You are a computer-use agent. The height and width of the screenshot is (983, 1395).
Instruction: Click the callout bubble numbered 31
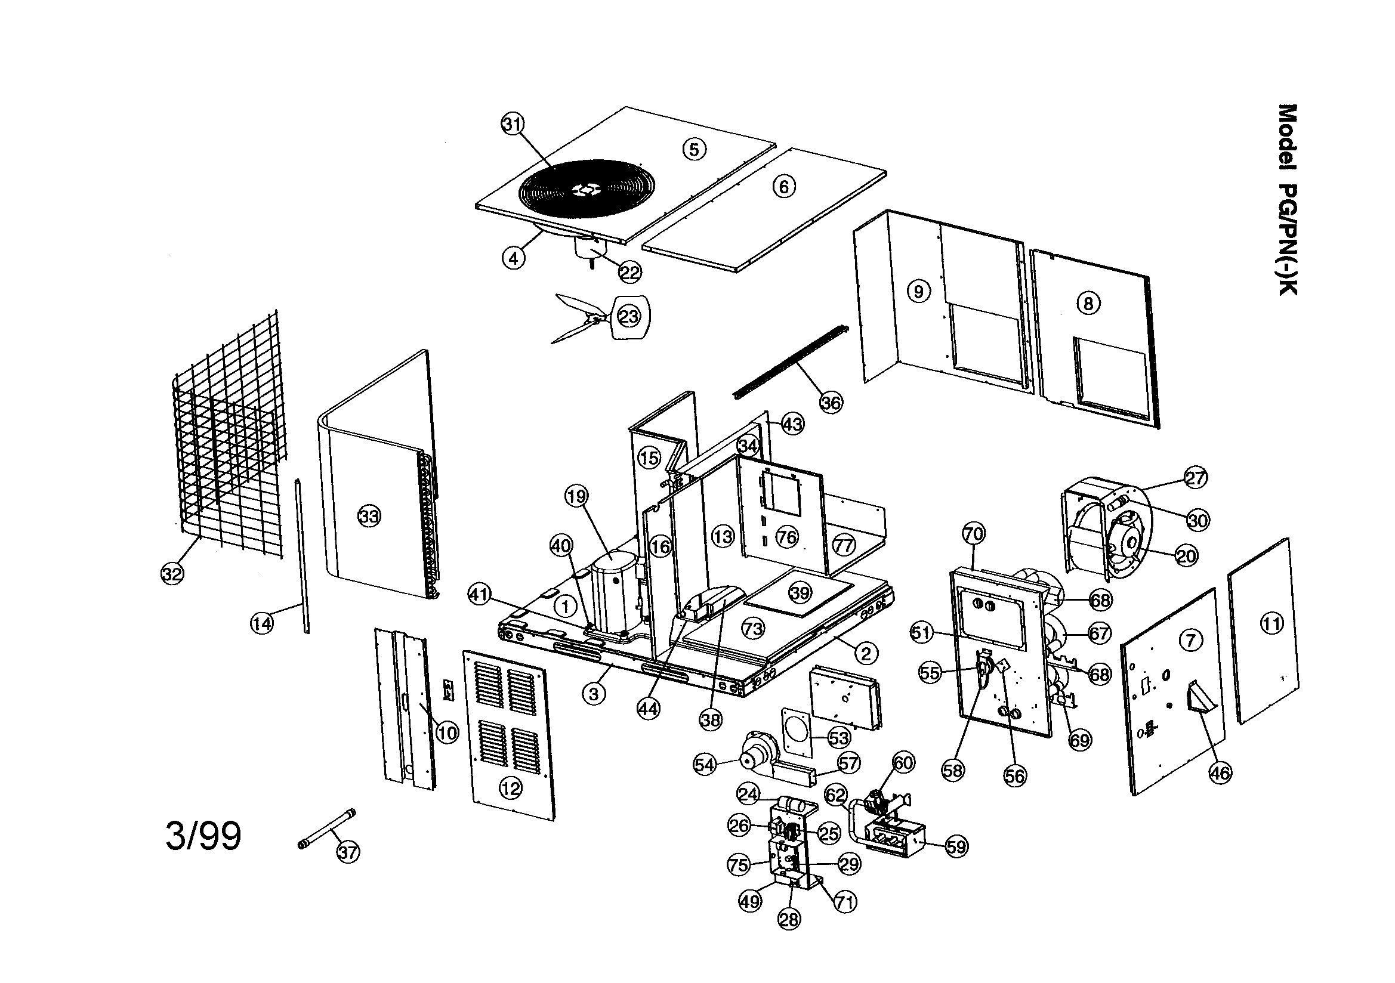click(x=512, y=124)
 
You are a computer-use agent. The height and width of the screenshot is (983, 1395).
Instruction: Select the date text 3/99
click(x=203, y=836)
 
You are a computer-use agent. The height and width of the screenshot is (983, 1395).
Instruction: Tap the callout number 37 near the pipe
click(x=347, y=852)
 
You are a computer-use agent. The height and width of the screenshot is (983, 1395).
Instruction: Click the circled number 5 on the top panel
click(x=695, y=149)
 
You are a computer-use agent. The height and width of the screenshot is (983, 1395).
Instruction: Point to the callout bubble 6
click(x=784, y=187)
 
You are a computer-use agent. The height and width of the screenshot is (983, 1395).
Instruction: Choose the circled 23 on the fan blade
click(x=629, y=316)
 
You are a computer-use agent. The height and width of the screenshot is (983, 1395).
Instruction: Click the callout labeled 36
click(x=831, y=402)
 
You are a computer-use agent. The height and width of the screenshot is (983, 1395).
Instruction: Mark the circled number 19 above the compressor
click(x=576, y=496)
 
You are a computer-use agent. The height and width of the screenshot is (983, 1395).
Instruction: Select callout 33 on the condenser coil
click(x=369, y=517)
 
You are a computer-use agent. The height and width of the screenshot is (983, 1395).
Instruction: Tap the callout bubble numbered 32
click(x=172, y=573)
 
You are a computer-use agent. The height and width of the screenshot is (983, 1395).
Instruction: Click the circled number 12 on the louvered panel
click(x=510, y=789)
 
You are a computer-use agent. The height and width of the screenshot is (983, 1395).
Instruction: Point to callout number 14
click(x=262, y=623)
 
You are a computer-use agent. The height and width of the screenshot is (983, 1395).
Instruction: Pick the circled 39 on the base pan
click(x=800, y=592)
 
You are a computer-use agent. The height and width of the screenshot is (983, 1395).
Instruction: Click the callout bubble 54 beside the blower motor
click(x=705, y=765)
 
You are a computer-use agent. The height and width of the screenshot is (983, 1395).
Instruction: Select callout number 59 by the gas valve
click(x=956, y=846)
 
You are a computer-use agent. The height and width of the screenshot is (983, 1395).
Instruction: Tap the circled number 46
click(x=1220, y=772)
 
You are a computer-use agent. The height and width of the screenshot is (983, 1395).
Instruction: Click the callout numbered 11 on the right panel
click(x=1271, y=623)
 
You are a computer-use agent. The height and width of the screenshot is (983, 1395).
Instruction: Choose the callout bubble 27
click(x=1196, y=478)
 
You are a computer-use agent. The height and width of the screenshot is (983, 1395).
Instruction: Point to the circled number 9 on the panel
click(x=919, y=292)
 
